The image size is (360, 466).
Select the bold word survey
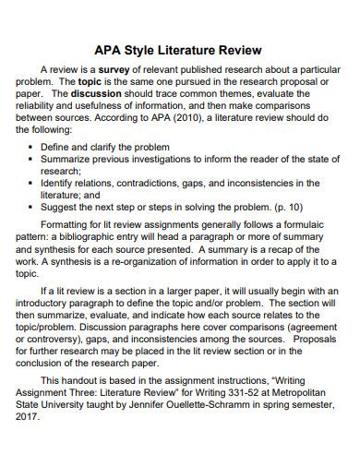point(118,69)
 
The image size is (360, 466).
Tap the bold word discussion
point(98,93)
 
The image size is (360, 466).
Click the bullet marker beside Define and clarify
point(34,147)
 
